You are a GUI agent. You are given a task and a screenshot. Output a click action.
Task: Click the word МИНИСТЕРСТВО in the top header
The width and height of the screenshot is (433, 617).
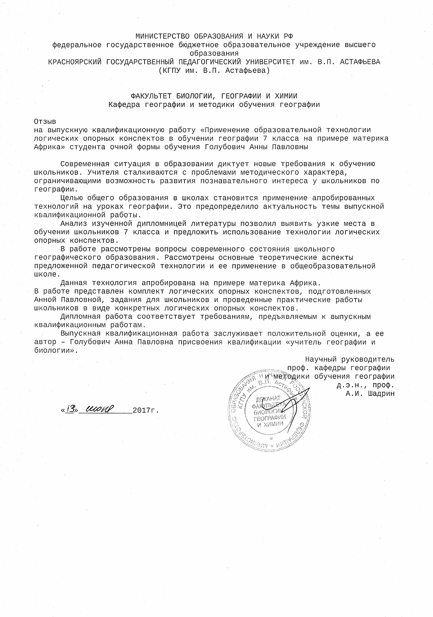coord(162,36)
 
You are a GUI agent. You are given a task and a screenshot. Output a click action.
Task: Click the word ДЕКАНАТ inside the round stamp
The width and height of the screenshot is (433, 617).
coord(269,399)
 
